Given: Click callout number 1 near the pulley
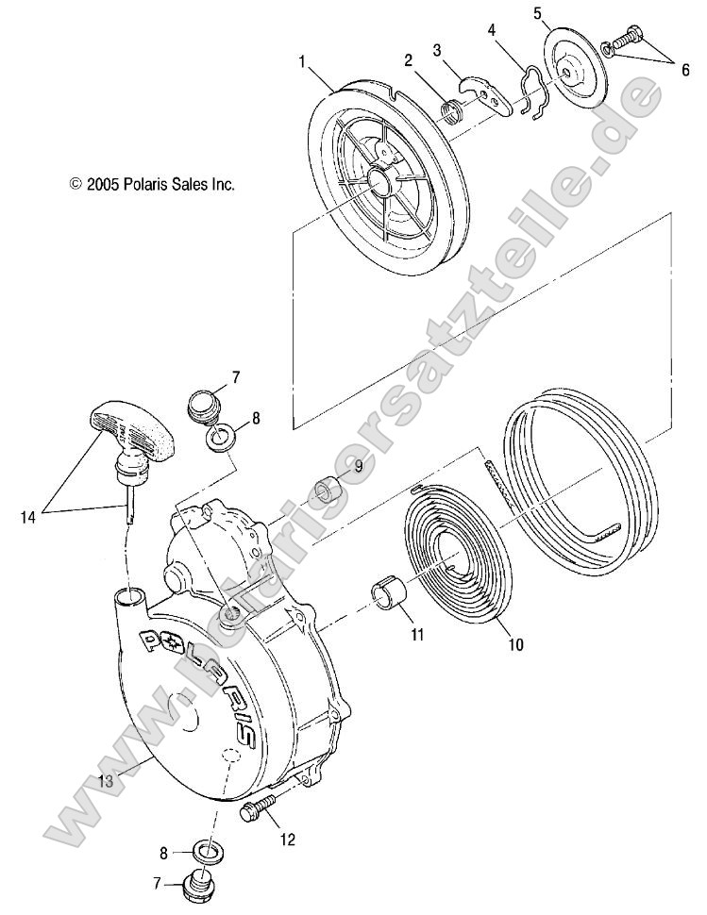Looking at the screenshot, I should click(x=302, y=61).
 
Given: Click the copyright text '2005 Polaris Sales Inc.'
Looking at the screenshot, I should click(x=152, y=186).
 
